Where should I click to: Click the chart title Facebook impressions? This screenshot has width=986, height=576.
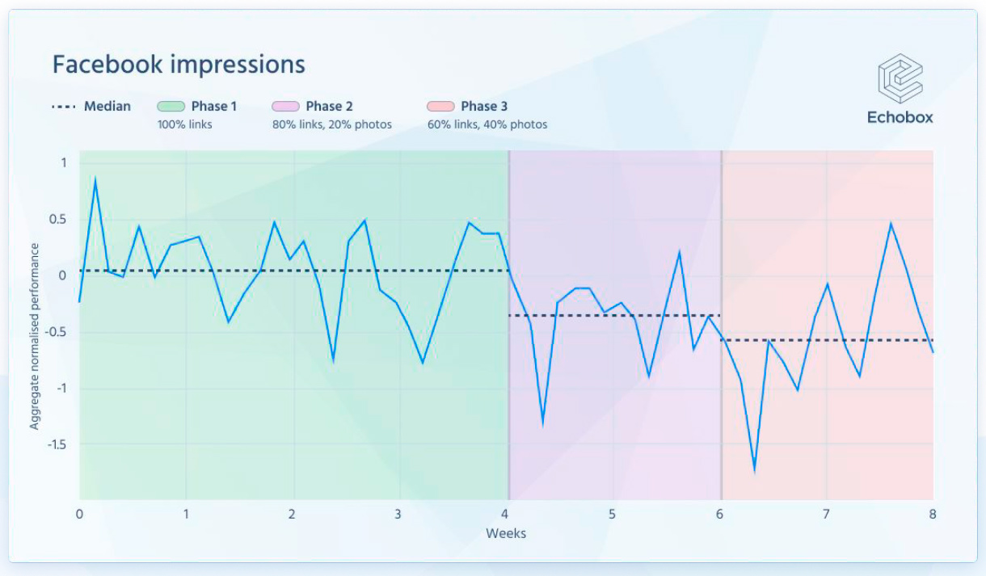179,65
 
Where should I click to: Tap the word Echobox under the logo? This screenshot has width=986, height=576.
900,118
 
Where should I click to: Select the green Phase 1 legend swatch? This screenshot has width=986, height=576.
171,107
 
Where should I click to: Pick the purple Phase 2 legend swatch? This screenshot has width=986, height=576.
285,107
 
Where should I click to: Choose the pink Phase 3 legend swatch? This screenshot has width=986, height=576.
440,107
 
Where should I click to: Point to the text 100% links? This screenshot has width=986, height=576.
185,124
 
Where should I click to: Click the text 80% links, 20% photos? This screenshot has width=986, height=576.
332,124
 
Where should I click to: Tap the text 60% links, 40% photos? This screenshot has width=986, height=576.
487,124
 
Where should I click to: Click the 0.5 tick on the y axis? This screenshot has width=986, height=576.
61,220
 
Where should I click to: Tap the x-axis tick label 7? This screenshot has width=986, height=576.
826,514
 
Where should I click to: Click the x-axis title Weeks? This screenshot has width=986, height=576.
506,533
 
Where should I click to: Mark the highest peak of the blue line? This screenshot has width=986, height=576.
95,179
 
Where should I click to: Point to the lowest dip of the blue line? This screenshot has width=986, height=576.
755,469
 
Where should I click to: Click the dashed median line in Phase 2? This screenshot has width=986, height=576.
614,315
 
